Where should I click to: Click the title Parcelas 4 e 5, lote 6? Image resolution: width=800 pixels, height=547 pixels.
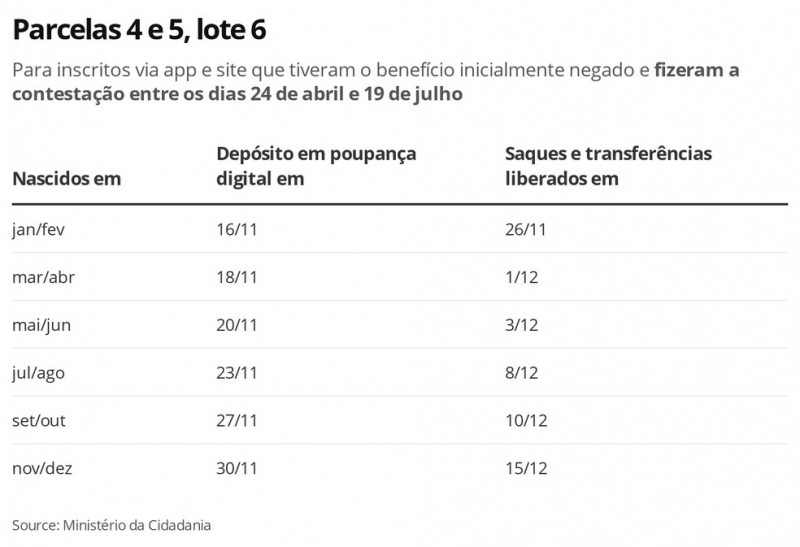[x=139, y=31]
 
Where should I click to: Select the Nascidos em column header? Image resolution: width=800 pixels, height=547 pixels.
[x=66, y=179]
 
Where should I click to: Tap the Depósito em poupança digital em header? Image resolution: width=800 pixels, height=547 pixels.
[x=316, y=166]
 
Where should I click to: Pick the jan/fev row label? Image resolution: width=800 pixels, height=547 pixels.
[x=38, y=229]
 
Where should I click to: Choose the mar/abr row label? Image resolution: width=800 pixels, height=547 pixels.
[x=43, y=277]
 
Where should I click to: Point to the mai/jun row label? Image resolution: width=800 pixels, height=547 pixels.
[x=41, y=325]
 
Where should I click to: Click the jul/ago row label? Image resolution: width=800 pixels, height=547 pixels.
[x=38, y=373]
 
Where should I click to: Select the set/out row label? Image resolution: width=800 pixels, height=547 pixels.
[x=39, y=421]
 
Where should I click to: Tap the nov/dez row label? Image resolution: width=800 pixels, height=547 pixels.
[x=42, y=468]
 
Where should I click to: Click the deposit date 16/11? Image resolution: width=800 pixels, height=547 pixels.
[x=237, y=229]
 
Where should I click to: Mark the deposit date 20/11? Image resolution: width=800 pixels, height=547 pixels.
[x=237, y=325]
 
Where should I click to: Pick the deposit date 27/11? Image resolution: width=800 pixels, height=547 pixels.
[x=237, y=421]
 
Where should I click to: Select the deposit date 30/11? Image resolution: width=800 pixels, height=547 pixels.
[x=237, y=468]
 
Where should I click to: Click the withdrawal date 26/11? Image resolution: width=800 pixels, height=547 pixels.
[x=526, y=229]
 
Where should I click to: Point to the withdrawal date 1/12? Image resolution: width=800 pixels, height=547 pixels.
[x=522, y=277]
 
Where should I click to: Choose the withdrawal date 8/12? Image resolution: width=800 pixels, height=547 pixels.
[x=522, y=373]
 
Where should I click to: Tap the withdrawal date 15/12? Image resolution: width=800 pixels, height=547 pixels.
[x=526, y=468]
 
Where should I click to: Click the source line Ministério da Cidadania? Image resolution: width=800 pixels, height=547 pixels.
[x=112, y=525]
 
